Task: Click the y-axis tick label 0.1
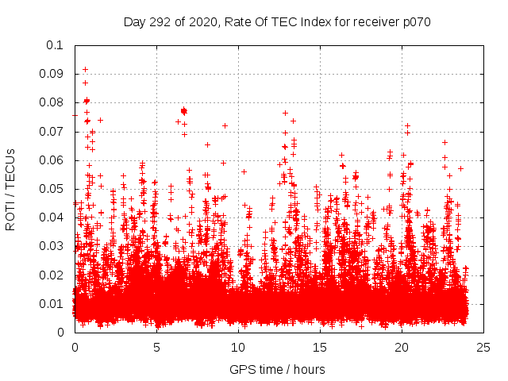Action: click(x=56, y=45)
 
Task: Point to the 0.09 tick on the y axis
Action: click(x=52, y=74)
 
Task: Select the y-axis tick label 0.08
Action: click(x=52, y=102)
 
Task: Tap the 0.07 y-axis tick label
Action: click(x=52, y=132)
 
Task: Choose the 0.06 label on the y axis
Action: click(x=52, y=160)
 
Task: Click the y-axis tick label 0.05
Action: click(x=52, y=189)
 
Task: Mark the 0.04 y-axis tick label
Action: click(x=52, y=217)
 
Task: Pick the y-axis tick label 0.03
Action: click(x=52, y=246)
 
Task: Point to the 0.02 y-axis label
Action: click(x=52, y=275)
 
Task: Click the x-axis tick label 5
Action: click(x=156, y=347)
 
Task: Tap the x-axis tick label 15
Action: click(x=320, y=347)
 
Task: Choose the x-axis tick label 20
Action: click(x=402, y=347)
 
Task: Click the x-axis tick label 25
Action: click(x=483, y=347)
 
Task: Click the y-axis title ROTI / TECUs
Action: click(x=10, y=189)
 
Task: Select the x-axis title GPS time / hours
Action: click(x=279, y=369)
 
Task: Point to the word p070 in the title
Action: click(x=415, y=21)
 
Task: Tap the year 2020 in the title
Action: click(x=202, y=21)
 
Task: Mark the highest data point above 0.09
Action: click(x=86, y=69)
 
